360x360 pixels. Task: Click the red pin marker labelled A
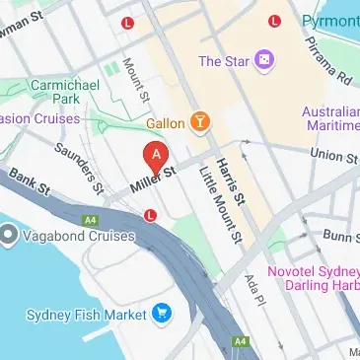(x=155, y=156)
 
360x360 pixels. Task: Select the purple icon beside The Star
(x=265, y=61)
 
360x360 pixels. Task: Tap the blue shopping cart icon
(x=162, y=315)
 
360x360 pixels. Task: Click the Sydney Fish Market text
(x=86, y=315)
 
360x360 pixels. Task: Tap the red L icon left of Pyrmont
(x=273, y=21)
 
